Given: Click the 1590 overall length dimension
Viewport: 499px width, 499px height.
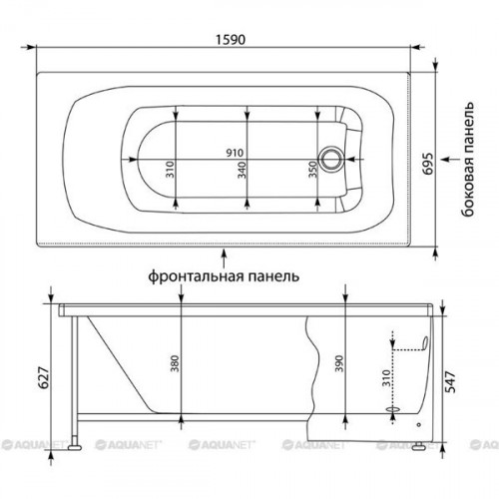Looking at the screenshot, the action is (231, 40).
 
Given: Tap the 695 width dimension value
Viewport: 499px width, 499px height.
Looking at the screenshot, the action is (428, 164).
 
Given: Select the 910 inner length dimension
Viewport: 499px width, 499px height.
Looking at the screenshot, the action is (235, 153).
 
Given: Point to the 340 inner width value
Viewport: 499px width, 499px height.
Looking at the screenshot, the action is (243, 170).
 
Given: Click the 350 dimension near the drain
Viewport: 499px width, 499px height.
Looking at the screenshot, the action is (312, 170).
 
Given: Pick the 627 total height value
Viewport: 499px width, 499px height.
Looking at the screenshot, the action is (44, 378).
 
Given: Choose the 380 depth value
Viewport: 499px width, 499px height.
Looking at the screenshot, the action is (175, 363).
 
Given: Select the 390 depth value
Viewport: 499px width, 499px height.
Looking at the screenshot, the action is (338, 363).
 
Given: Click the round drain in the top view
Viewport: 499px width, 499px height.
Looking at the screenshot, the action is (330, 159).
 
